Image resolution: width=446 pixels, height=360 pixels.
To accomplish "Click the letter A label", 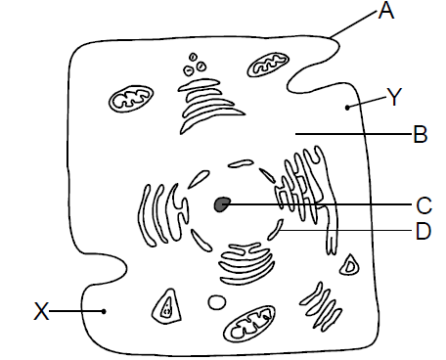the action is tap(386, 10).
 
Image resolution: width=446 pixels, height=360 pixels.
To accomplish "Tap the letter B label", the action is tap(421, 134).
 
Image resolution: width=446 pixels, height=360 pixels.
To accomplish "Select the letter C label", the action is tap(424, 205).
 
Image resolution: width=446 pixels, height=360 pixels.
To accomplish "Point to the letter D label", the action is tap(424, 231).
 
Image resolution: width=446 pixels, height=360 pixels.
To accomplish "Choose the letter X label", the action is tap(41, 311).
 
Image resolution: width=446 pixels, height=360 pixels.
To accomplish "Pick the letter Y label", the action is tap(394, 97).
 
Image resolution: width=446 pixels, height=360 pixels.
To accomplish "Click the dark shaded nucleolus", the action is tap(222, 204).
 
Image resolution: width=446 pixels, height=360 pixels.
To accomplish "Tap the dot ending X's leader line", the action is tap(104, 311).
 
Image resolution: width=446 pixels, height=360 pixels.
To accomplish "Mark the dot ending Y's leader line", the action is tap(347, 107).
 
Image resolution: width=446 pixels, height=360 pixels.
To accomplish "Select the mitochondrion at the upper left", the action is tap(131, 99).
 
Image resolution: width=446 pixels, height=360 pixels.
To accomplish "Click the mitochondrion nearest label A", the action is tap(268, 65).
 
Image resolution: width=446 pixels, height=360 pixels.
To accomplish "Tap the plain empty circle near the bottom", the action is tap(216, 302).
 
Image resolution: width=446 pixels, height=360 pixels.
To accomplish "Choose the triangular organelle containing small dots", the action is tap(166, 306).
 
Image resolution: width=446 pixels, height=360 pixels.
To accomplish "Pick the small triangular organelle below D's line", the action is tap(350, 265).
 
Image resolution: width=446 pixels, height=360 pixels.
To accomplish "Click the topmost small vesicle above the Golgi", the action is tap(193, 57).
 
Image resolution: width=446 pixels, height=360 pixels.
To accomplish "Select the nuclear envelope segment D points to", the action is tap(275, 230).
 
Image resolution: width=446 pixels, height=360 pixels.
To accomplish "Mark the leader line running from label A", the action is tap(353, 23).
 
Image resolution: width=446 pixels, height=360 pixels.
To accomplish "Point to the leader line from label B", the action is tap(353, 134).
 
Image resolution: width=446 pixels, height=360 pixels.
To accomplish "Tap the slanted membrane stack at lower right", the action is tap(321, 307).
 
